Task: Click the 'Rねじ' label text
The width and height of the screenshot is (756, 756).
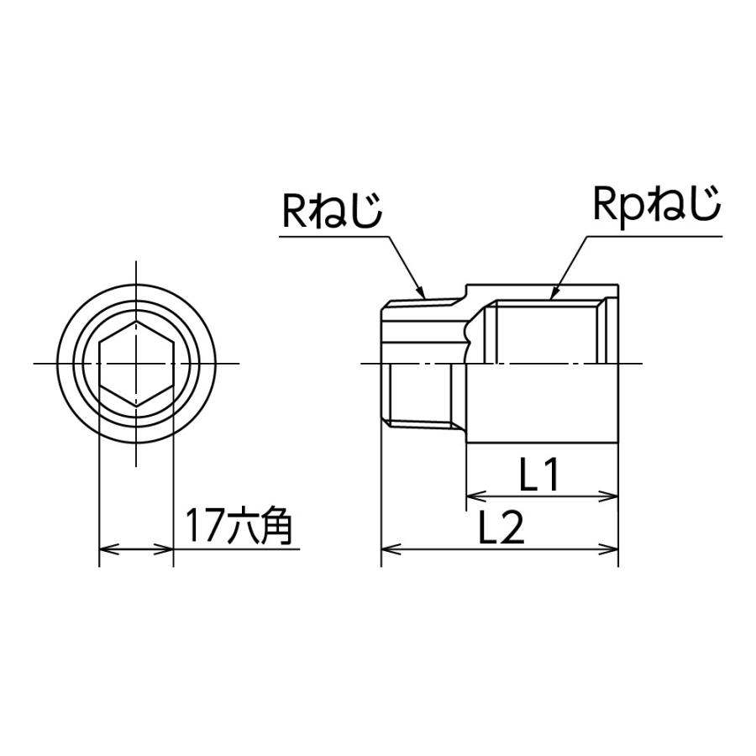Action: [332, 211]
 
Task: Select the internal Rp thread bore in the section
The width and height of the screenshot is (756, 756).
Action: [546, 332]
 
